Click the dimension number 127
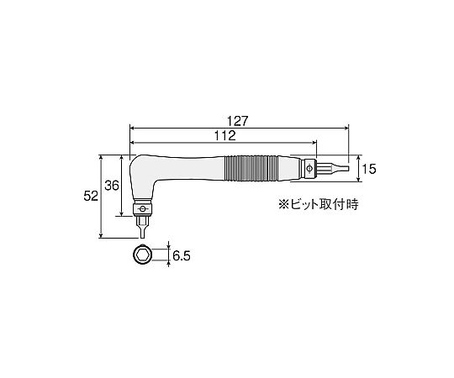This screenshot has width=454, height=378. coord(238,121)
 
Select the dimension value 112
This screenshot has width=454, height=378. coord(225,135)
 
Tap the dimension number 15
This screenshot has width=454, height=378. coord(369,169)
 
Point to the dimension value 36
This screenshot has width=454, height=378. coord(112,186)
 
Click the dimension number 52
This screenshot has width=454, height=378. coord(91,197)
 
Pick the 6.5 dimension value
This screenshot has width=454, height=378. coord(182,256)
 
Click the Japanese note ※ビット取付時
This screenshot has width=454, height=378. coord(318,204)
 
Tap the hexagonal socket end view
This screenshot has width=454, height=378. coord(143,255)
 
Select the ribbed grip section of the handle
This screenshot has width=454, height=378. coord(251,169)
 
